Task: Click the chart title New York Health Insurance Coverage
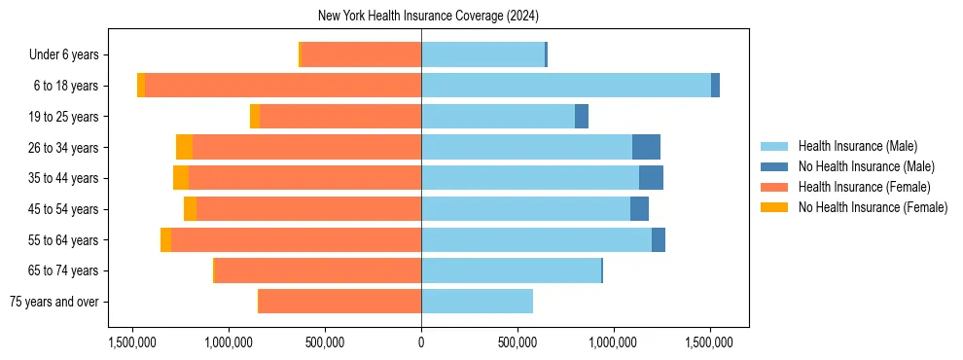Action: point(428,17)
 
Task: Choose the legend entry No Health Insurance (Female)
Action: point(873,207)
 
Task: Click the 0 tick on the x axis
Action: point(421,342)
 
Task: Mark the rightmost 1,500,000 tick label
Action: point(710,342)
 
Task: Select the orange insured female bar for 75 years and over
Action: point(339,302)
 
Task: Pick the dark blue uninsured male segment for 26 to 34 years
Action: point(646,147)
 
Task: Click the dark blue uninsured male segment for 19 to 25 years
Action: point(582,117)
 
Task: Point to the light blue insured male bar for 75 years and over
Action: point(477,302)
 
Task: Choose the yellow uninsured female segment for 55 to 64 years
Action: point(165,240)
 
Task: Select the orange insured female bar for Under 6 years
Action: point(361,54)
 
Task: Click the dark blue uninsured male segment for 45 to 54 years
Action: point(639,209)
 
